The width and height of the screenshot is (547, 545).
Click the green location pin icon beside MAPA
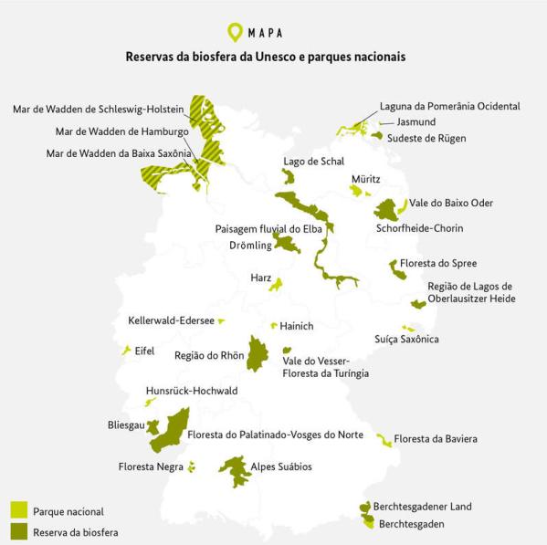(x=236, y=33)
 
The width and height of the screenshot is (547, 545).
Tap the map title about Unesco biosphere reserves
(x=266, y=57)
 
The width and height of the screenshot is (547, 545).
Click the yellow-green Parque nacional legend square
(x=18, y=510)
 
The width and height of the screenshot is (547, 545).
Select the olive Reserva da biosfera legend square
(x=18, y=530)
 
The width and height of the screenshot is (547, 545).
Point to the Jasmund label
(x=416, y=121)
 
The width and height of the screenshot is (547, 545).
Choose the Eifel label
(x=145, y=351)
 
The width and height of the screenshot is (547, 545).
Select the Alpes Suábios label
(x=281, y=466)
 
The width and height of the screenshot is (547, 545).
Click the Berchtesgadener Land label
(x=422, y=507)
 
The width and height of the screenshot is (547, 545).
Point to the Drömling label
(x=250, y=246)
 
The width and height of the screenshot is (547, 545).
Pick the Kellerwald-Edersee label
(x=172, y=320)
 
